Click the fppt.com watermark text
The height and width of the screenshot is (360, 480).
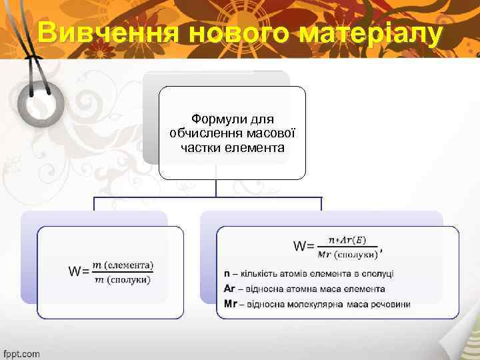tap(21, 353)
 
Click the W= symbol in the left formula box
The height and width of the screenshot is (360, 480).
tap(79, 271)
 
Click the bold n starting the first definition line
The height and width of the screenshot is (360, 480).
tap(227, 273)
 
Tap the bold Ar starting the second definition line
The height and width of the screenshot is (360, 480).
tap(229, 289)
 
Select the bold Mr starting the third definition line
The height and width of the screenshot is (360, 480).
tap(231, 304)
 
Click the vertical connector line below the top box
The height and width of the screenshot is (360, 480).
tap(216, 188)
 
